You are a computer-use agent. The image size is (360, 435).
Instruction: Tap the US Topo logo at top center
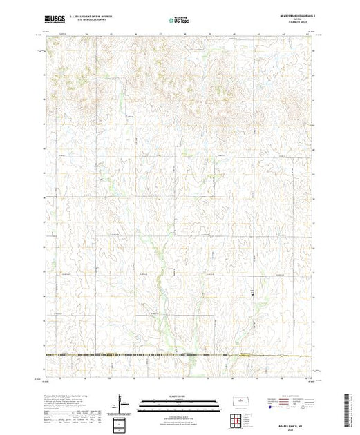pyautogui.click(x=179, y=21)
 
